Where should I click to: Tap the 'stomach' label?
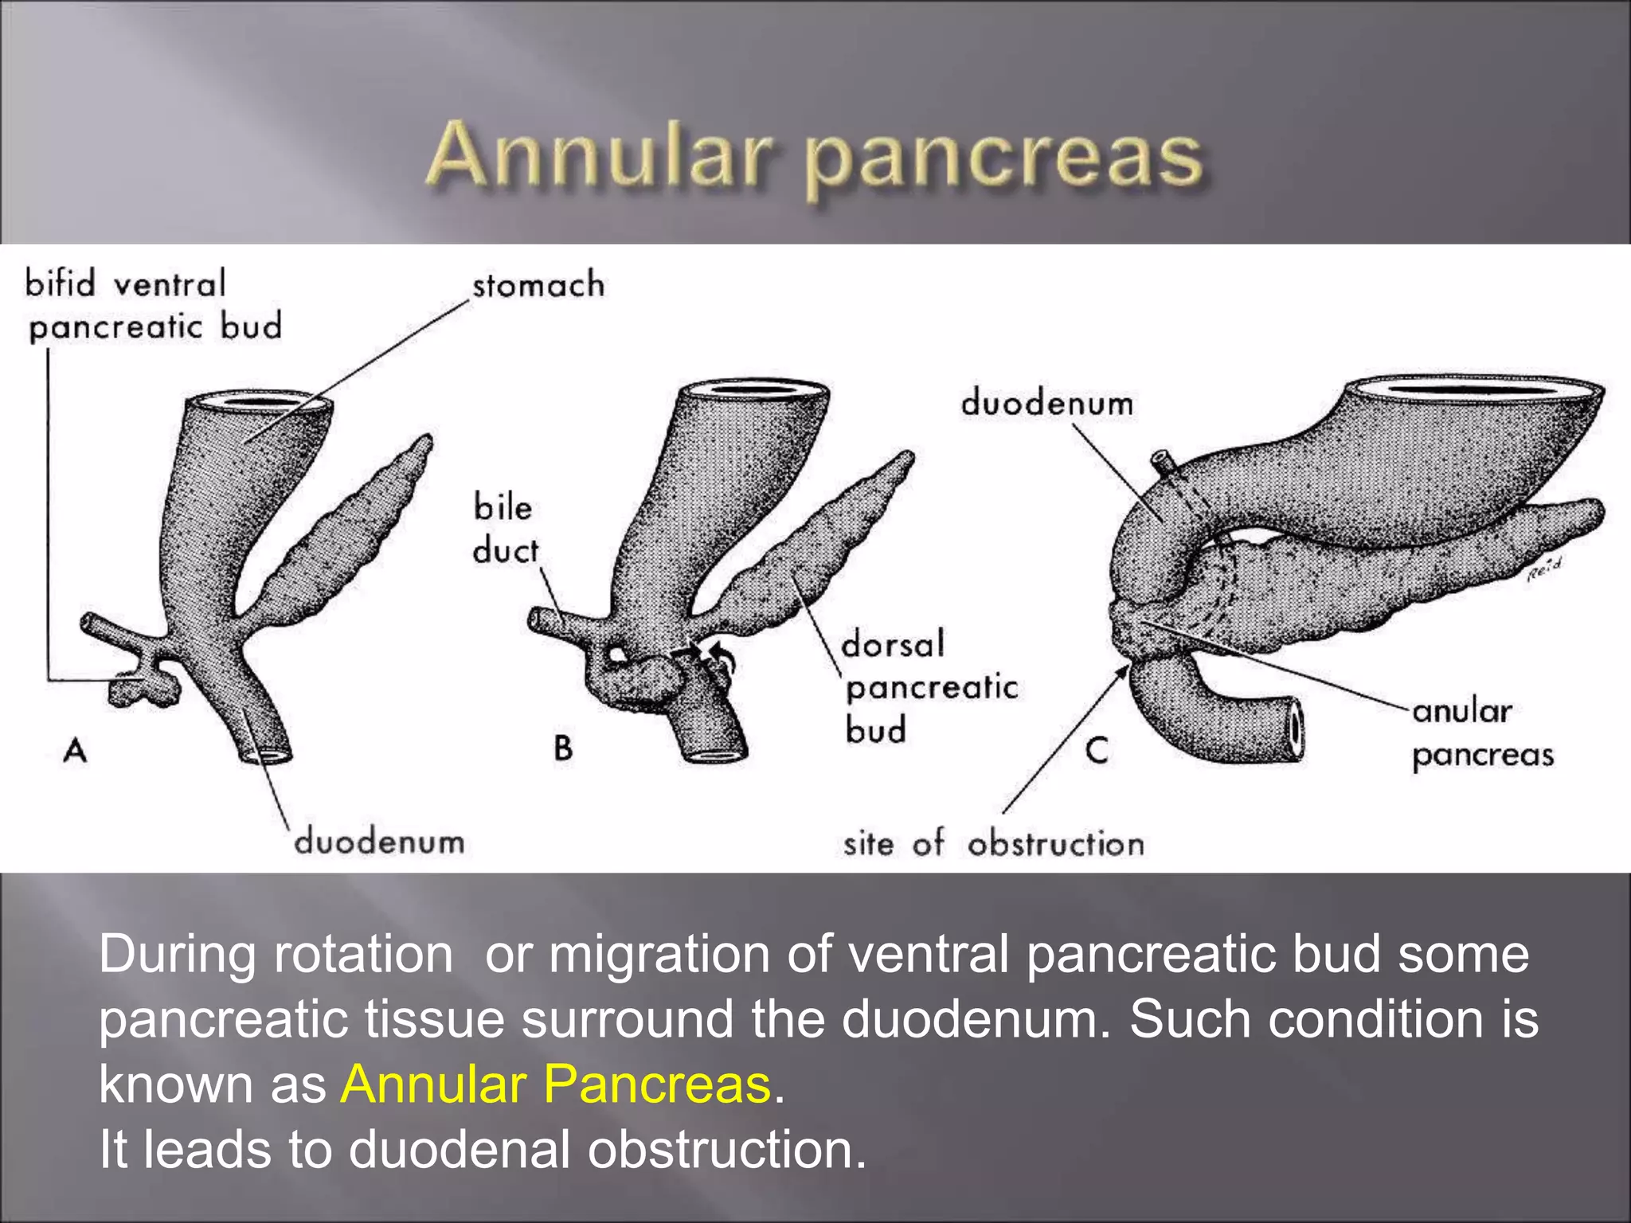538,285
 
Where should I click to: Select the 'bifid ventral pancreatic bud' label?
153,306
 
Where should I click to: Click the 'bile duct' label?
504,529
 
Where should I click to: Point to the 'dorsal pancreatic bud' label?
929,686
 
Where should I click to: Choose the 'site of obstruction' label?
993,843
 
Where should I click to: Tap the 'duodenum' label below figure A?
379,842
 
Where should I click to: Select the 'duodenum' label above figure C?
1046,403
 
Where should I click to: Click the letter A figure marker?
75,750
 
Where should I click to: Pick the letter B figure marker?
563,748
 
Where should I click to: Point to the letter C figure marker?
1097,750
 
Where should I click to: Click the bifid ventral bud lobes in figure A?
143,688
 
